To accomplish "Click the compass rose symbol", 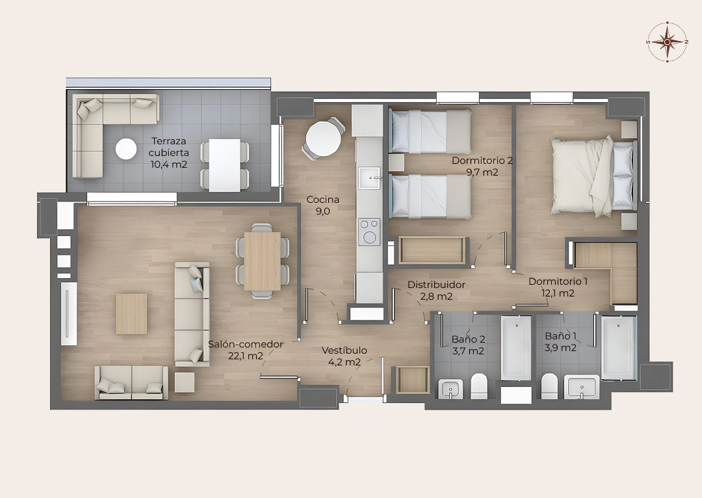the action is pyautogui.click(x=667, y=42).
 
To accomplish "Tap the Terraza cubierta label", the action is pyautogui.click(x=169, y=153).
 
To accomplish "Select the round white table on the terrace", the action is pyautogui.click(x=126, y=149).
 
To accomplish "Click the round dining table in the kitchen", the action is pyautogui.click(x=324, y=138).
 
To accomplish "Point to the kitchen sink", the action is pyautogui.click(x=369, y=178).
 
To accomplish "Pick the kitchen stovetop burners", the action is pyautogui.click(x=369, y=231).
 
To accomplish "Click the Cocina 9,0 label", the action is pyautogui.click(x=323, y=205).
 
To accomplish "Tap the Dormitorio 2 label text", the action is pyautogui.click(x=482, y=161).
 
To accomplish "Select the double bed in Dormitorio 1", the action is pyautogui.click(x=593, y=176).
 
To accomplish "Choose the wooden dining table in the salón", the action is pyautogui.click(x=263, y=261).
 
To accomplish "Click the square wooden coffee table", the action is pyautogui.click(x=131, y=314).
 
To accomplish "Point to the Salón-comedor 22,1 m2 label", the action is pyautogui.click(x=245, y=350).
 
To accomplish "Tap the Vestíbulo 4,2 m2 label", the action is pyautogui.click(x=344, y=356).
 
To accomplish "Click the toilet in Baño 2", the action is pyautogui.click(x=478, y=386).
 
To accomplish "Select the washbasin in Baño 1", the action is pyautogui.click(x=582, y=387).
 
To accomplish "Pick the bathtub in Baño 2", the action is pyautogui.click(x=516, y=348).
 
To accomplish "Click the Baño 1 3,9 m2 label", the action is pyautogui.click(x=560, y=342).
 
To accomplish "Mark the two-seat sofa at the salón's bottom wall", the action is pyautogui.click(x=131, y=383).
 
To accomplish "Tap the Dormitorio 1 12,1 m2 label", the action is pyautogui.click(x=558, y=287).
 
